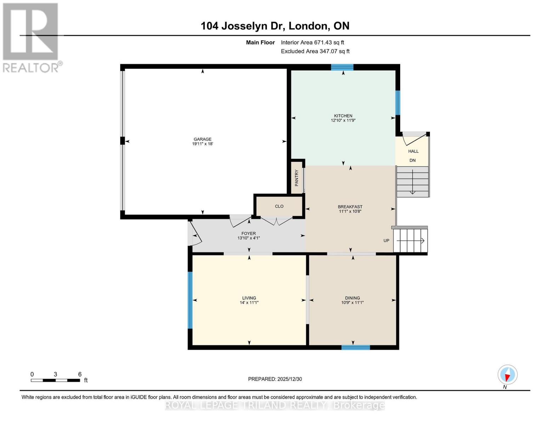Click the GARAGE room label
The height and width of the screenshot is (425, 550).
[x=203, y=139]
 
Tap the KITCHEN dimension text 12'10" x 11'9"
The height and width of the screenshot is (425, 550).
[x=343, y=120]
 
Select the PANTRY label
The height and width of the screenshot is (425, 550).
[x=297, y=178]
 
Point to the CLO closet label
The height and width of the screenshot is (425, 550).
[x=279, y=206]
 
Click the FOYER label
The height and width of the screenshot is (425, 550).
[x=249, y=233]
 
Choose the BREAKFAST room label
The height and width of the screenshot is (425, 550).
[x=350, y=207]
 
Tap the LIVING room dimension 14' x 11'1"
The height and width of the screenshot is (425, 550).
[x=249, y=302]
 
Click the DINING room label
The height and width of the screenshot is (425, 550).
[x=352, y=298]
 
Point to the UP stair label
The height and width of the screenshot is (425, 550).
[x=386, y=240]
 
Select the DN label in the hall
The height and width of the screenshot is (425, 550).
[x=413, y=160]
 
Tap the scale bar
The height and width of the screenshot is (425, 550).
[x=56, y=380]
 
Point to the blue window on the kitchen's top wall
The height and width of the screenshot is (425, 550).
[x=342, y=67]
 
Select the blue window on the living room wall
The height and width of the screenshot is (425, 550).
[x=190, y=300]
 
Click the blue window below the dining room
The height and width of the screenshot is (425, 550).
[x=356, y=347]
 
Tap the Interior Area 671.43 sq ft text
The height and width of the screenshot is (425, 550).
[x=312, y=42]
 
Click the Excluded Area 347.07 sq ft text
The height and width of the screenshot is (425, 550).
[x=315, y=51]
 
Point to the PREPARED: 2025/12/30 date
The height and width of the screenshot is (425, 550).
[x=275, y=379]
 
